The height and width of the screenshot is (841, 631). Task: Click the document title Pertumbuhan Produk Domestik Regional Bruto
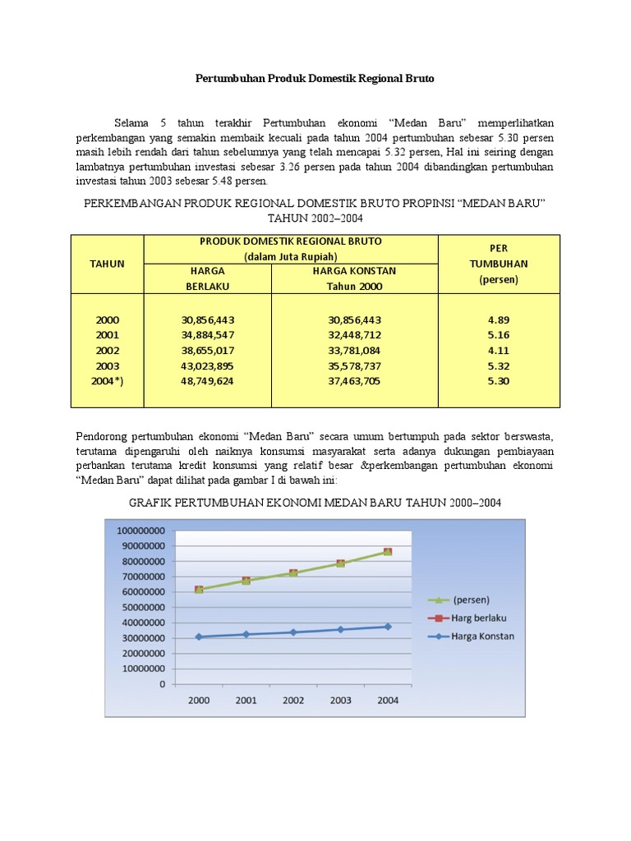(314, 79)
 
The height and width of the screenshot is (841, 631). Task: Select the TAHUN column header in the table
(107, 264)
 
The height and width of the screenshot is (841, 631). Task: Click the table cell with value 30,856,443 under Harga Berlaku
(214, 319)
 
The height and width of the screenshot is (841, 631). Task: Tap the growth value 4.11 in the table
(500, 351)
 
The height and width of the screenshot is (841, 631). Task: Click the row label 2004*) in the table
(107, 382)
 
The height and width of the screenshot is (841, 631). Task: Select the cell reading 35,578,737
(353, 366)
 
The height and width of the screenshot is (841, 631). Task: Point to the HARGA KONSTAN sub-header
(354, 271)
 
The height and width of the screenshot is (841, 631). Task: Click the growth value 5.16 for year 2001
(500, 335)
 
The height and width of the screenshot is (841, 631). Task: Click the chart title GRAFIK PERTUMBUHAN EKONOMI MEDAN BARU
(315, 503)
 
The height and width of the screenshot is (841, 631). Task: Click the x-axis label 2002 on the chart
(292, 701)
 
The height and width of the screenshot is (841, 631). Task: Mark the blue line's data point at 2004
(387, 627)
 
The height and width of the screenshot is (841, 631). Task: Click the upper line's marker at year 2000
(198, 590)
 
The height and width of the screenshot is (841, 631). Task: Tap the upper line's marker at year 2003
(340, 563)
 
